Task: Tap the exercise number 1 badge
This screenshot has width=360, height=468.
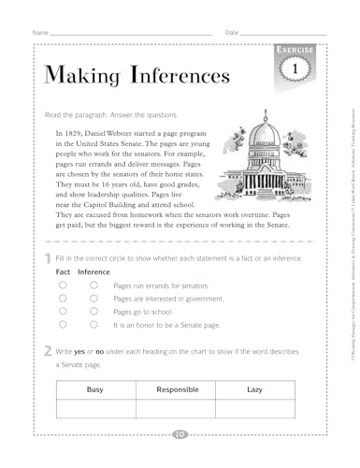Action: (294, 70)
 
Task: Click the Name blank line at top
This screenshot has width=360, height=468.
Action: (131, 33)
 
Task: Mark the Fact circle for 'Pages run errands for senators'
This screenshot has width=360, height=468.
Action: (62, 285)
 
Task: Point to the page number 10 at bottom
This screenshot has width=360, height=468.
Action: (180, 433)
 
